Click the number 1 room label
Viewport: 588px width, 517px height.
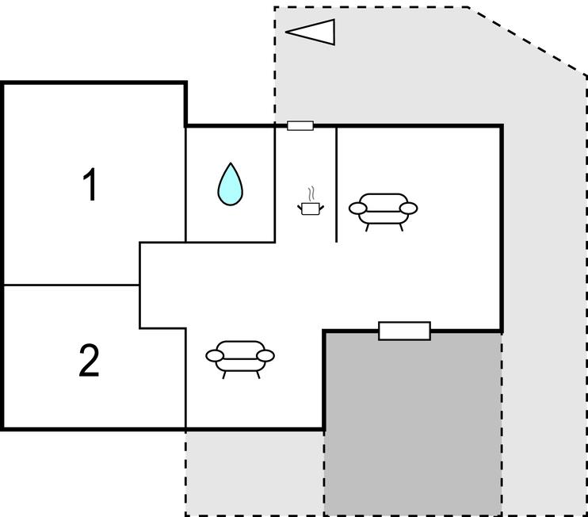point(91,186)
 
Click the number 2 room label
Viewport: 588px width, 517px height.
point(89,362)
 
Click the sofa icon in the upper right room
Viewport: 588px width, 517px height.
point(383,210)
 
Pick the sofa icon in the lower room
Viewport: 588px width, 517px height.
point(240,358)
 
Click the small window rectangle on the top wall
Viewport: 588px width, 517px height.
point(300,125)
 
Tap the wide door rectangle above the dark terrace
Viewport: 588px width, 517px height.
point(404,331)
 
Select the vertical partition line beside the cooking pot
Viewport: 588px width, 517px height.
point(337,182)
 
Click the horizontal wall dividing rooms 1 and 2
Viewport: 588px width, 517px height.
point(71,285)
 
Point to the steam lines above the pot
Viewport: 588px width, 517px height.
point(311,193)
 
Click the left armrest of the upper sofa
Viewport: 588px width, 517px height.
point(358,209)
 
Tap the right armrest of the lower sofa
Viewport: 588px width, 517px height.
point(265,355)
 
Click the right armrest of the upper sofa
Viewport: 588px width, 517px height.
point(408,209)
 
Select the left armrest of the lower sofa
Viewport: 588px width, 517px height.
point(215,356)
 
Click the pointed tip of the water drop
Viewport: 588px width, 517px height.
point(230,165)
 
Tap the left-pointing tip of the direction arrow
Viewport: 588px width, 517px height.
point(287,33)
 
